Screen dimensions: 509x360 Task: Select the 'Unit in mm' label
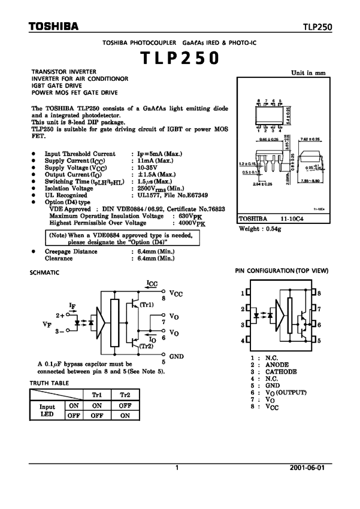308,72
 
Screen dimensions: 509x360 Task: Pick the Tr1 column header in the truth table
96,395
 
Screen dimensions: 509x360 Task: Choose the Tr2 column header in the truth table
125,395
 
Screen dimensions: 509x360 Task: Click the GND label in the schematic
177,356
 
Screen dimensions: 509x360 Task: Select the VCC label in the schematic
177,294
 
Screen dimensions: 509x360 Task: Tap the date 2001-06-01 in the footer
309,468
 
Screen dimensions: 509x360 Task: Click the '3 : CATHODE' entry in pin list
274,371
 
